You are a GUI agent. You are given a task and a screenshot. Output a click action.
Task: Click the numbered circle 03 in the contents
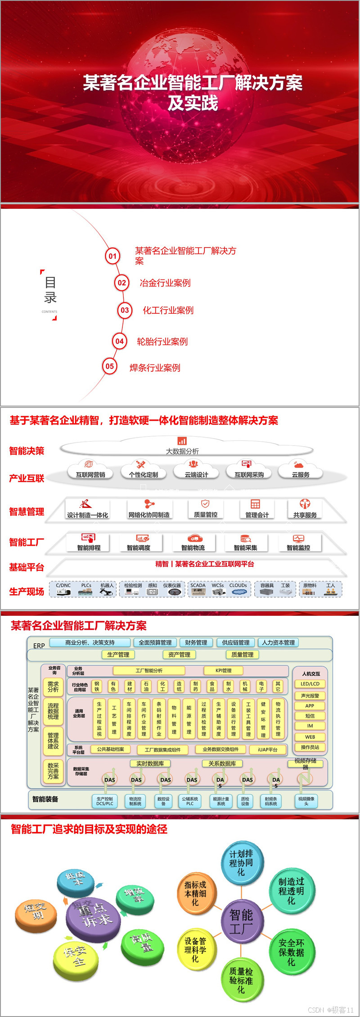tap(125, 310)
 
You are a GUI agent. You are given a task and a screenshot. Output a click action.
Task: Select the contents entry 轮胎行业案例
tap(162, 342)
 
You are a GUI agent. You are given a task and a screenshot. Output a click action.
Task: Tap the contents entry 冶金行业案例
tap(165, 283)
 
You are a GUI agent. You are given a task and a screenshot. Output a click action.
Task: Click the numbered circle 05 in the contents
tap(110, 366)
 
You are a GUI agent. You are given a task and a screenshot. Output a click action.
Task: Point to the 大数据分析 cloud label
tap(182, 451)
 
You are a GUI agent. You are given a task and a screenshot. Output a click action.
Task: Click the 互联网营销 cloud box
tap(90, 474)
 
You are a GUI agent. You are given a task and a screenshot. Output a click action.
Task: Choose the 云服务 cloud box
tap(301, 474)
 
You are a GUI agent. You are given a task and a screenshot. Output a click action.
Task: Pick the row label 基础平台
tap(27, 567)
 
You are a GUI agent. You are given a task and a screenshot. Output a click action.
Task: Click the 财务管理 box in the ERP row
tap(196, 642)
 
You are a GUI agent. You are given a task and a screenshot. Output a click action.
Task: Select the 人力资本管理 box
tap(279, 642)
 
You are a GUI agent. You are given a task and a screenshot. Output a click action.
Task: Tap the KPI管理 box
tap(224, 670)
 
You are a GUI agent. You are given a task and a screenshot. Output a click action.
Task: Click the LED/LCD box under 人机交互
tap(310, 684)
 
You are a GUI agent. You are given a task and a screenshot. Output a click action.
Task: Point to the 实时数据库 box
tap(150, 764)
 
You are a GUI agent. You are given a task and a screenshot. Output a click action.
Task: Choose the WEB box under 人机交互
tap(310, 737)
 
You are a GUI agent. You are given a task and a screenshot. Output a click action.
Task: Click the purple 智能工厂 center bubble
tap(242, 921)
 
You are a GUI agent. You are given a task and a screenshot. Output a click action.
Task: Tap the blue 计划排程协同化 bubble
tap(241, 863)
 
